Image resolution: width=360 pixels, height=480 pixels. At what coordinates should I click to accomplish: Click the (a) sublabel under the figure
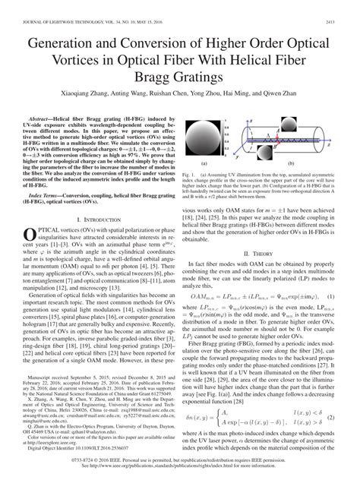click(x=204, y=184)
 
